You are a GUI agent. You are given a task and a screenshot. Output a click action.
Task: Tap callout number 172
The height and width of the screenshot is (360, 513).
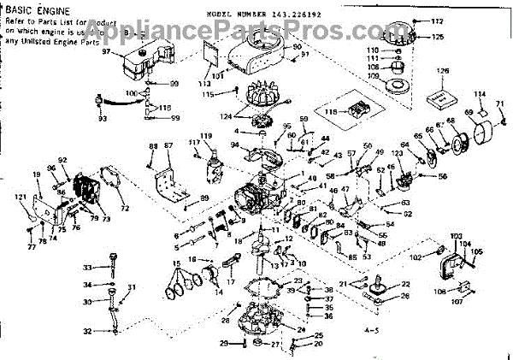437,21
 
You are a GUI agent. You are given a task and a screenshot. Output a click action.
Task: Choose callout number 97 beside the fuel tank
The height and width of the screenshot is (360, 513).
107,51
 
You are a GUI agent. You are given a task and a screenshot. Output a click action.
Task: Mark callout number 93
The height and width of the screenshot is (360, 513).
103,117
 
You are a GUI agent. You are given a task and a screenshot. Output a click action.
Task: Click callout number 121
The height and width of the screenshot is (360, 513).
21,198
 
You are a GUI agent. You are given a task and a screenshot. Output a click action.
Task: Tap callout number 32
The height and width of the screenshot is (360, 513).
86,331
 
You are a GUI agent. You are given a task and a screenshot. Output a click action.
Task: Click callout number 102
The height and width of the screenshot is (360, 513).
416,255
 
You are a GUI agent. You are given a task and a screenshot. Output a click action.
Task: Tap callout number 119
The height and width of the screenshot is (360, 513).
205,135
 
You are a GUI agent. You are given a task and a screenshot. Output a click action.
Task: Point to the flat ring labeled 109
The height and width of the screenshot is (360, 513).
398,86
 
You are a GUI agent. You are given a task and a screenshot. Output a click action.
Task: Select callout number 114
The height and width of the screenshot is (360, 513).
479,93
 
